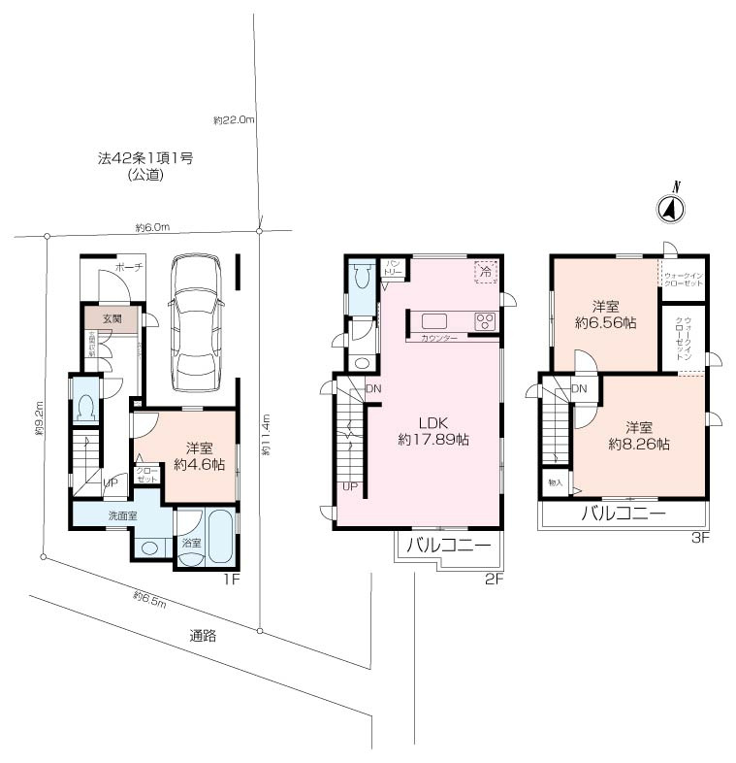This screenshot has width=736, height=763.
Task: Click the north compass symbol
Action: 670,207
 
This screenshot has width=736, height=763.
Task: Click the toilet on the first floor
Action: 85,405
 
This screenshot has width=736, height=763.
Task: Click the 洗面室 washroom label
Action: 122,515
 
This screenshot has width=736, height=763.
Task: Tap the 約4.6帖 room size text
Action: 199,465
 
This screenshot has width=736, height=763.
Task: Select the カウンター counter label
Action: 441,339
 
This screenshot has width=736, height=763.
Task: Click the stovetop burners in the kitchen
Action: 484,321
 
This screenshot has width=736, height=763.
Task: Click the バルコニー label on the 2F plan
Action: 449,545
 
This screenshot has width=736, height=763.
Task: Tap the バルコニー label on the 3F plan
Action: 624,514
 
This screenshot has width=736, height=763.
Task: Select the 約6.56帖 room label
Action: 605,322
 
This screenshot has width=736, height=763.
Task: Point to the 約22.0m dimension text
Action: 234,120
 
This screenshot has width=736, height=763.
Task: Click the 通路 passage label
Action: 203,637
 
